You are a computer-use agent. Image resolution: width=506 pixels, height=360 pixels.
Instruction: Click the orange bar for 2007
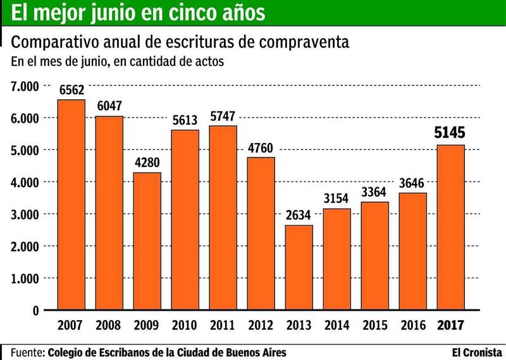point(71,205)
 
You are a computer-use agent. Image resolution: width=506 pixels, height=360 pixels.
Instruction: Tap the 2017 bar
point(451,228)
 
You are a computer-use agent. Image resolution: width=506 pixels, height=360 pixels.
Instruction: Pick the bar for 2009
point(147,241)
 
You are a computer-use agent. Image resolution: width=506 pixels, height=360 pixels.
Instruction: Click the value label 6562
point(71,90)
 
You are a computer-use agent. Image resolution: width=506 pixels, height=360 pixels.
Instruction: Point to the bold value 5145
point(451,133)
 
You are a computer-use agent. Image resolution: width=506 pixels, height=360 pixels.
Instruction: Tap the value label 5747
point(223,117)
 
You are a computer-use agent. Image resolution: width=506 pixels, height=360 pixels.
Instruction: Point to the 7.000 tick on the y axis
point(24,86)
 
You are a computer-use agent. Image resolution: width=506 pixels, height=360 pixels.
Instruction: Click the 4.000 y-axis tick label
point(24,182)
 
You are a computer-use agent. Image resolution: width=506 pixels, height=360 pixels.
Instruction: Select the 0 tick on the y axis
point(35,311)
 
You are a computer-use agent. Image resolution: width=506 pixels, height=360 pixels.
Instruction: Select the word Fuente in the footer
point(27,351)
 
